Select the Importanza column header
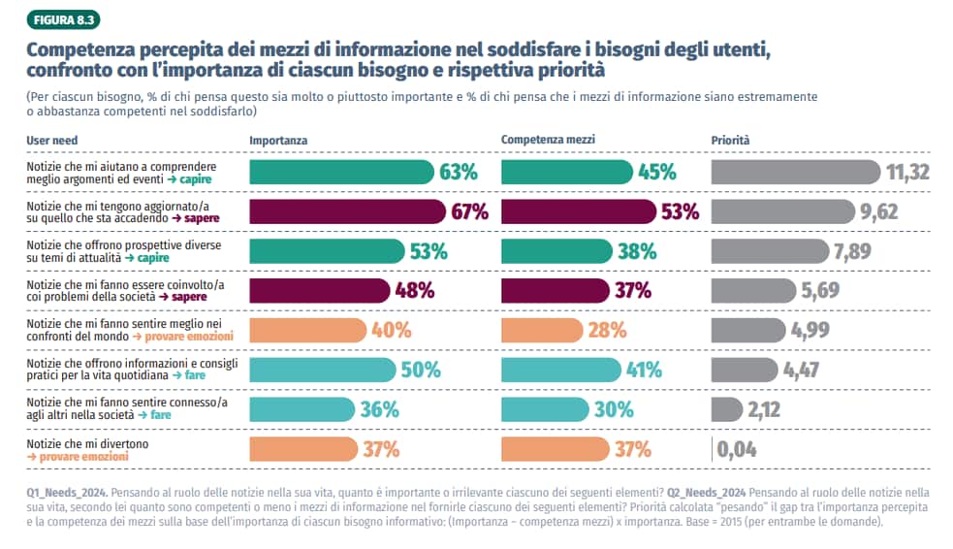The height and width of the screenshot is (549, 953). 278,141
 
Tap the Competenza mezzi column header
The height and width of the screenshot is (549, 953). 548,140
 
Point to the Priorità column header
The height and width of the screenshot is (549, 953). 730,141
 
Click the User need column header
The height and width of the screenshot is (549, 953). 51,141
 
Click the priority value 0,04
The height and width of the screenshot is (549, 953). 737,449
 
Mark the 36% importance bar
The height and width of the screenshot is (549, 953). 302,409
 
